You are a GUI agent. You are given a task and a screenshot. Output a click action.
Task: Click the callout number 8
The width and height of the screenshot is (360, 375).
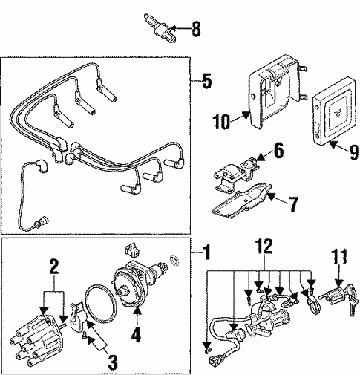tap(196, 30)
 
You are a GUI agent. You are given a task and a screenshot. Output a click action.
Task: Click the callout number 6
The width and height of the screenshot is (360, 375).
tap(278, 151)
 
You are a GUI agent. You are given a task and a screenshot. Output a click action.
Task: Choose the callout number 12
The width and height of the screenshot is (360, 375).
tap(265, 264)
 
